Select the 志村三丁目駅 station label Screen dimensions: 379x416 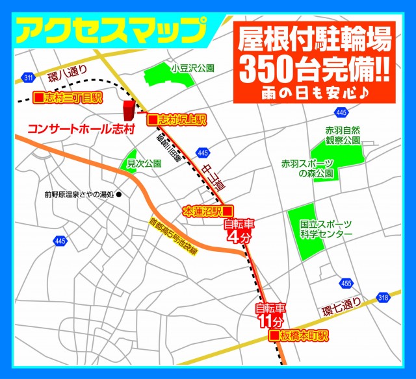coord(68,98)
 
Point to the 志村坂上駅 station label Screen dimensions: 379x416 coord(176,120)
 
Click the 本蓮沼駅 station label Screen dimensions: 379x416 coord(207,211)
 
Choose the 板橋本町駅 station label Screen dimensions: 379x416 coord(300,336)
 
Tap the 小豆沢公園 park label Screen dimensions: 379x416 coord(193,67)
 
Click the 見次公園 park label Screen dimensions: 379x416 coord(144,163)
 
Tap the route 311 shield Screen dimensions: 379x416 coord(27,78)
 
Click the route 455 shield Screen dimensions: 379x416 coord(346,283)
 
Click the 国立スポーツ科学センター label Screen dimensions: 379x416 coord(326,229)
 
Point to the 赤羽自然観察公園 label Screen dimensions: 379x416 coord(343,134)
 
